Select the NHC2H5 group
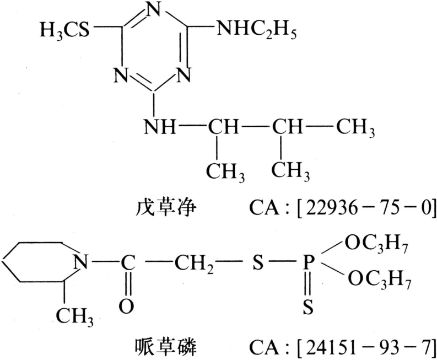pos(256,31)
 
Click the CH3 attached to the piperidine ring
pos(77,316)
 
